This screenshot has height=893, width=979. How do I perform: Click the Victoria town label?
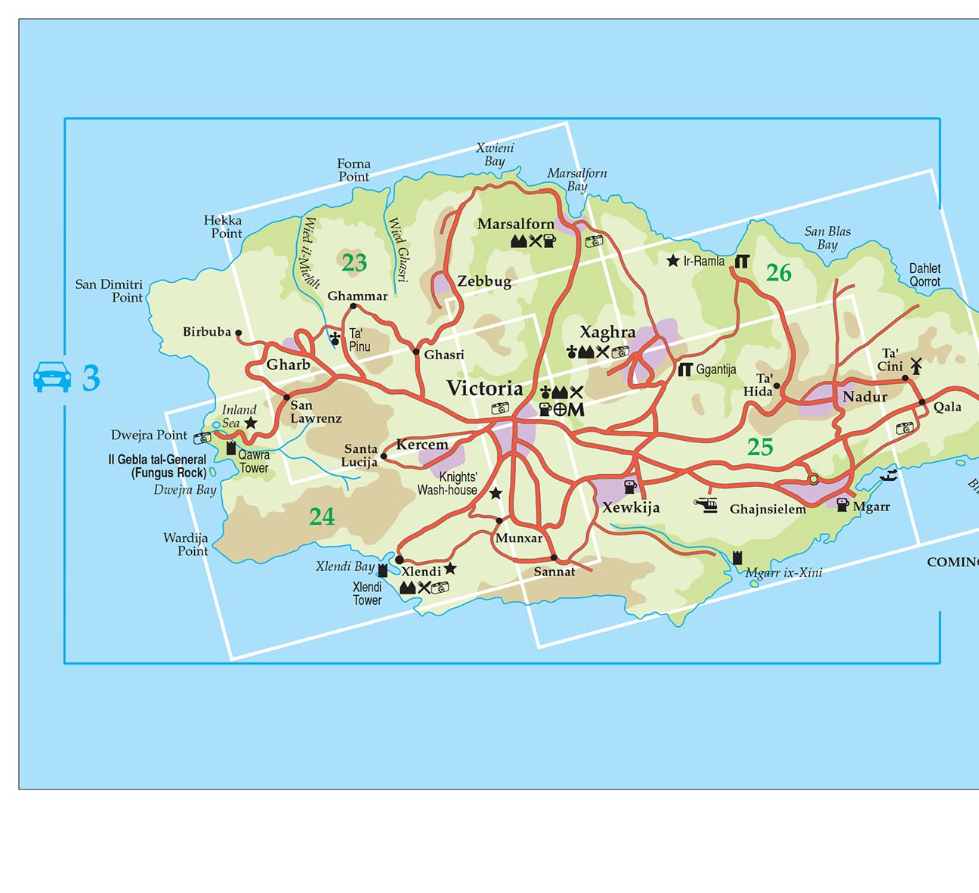pyautogui.click(x=484, y=389)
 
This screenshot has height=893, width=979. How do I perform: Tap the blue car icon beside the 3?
pyautogui.click(x=52, y=377)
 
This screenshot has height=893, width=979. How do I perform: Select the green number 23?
pyautogui.click(x=354, y=263)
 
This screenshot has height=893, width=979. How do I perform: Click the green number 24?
pyautogui.click(x=322, y=516)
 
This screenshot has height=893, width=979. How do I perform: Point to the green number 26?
pyautogui.click(x=778, y=273)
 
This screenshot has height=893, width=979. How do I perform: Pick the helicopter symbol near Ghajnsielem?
pyautogui.click(x=706, y=505)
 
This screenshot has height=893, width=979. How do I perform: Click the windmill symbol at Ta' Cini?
pyautogui.click(x=916, y=366)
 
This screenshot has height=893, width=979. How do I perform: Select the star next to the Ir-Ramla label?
pyautogui.click(x=673, y=261)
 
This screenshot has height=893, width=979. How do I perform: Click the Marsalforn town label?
pyautogui.click(x=516, y=224)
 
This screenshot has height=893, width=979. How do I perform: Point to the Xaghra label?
pyautogui.click(x=607, y=332)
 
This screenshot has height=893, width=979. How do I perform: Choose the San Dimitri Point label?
pyautogui.click(x=109, y=290)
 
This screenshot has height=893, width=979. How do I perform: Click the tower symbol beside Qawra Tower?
pyautogui.click(x=231, y=448)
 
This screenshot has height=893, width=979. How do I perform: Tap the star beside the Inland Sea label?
pyautogui.click(x=250, y=423)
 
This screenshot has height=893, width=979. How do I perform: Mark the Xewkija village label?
pyautogui.click(x=631, y=507)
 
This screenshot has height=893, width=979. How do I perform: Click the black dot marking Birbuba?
pyautogui.click(x=239, y=333)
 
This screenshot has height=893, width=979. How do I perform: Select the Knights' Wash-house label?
pyautogui.click(x=448, y=483)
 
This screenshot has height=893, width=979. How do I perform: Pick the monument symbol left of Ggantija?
pyautogui.click(x=685, y=369)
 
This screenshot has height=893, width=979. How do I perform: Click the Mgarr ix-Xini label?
pyautogui.click(x=783, y=572)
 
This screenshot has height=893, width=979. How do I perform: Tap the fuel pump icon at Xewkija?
pyautogui.click(x=629, y=487)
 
